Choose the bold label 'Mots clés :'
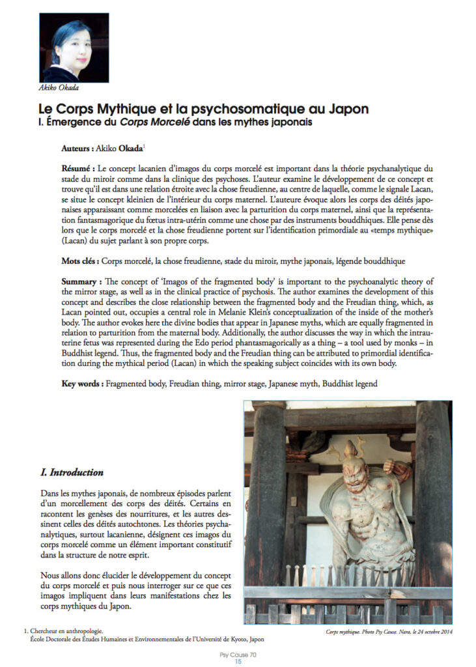pos(84,261)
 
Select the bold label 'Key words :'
pos(84,384)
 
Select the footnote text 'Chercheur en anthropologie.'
pos(68,631)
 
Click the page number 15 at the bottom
pos(238,662)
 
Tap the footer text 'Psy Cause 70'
pos(238,655)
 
